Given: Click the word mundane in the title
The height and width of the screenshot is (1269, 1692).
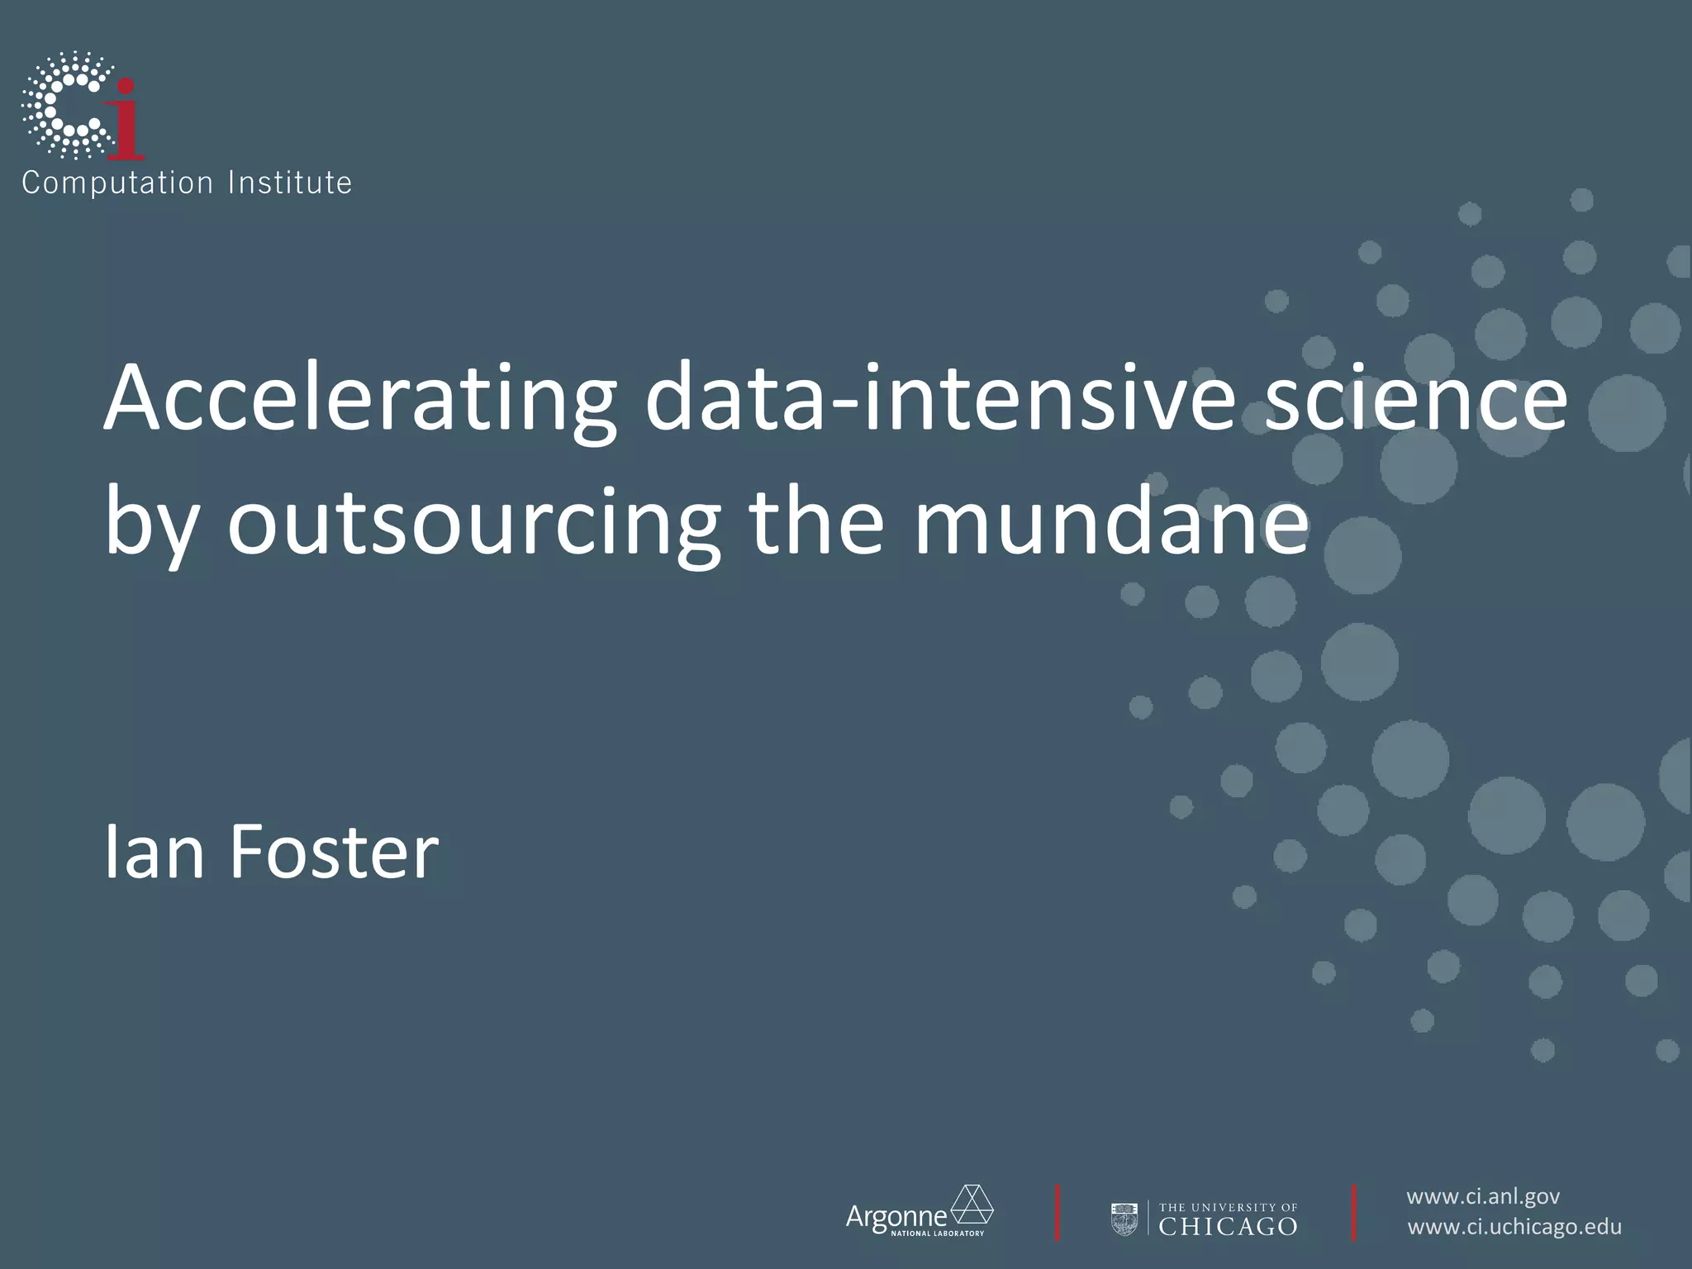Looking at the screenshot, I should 1111,522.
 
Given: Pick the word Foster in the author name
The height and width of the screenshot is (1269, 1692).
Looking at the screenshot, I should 334,853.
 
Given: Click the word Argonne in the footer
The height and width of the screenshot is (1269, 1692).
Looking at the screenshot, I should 896,1216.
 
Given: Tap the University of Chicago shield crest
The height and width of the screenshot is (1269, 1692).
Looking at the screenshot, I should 1124,1219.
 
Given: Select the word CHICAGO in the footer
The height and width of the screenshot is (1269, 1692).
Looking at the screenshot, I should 1228,1226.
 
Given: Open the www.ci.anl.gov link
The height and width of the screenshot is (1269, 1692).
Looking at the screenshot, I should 1483,1196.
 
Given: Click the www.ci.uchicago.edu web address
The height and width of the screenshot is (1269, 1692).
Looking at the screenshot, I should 1514,1227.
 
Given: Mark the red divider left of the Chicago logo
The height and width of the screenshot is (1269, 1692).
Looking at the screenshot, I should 1057,1213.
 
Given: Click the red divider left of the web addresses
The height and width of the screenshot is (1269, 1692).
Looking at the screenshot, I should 1353,1213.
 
